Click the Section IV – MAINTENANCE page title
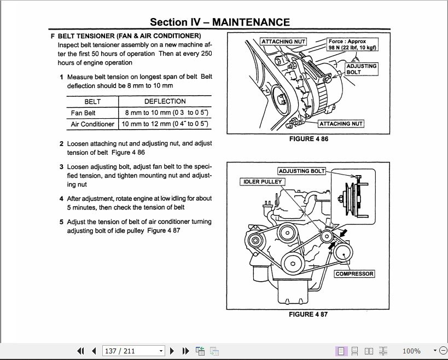click(220, 22)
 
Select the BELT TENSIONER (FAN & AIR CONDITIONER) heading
click(129, 36)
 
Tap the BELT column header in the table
click(92, 102)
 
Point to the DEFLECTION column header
click(165, 102)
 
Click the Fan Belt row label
click(83, 113)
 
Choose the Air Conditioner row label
click(92, 124)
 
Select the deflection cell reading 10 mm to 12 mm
click(165, 124)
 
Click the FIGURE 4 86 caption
click(309, 139)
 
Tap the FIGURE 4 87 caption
click(309, 315)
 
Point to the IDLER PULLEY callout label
click(261, 182)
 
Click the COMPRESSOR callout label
click(354, 274)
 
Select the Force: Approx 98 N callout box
click(352, 44)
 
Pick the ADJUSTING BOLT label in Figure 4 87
click(301, 171)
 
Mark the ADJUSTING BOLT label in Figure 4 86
click(361, 69)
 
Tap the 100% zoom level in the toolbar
click(411, 351)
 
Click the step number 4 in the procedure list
click(62, 199)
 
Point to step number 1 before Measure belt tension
click(62, 77)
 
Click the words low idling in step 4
click(168, 199)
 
